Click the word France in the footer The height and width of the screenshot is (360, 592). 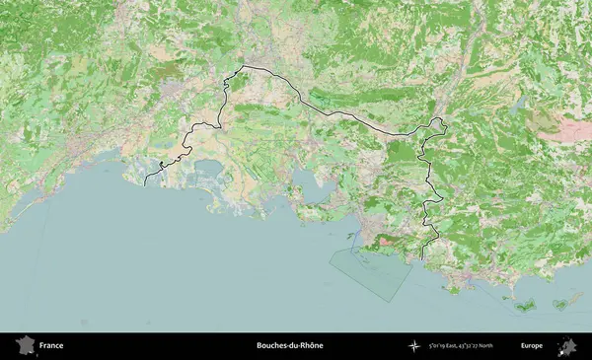[51, 346]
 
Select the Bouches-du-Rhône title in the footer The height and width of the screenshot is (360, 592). [289, 346]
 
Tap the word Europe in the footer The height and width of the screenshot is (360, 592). [532, 346]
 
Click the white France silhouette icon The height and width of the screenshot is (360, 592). [26, 346]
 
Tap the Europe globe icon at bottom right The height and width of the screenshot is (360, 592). [567, 346]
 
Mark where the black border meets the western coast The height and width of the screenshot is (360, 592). [145, 184]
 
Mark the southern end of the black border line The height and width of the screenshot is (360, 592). [422, 258]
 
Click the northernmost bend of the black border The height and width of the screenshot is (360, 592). [243, 66]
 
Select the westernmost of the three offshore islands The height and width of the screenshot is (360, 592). [523, 305]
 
